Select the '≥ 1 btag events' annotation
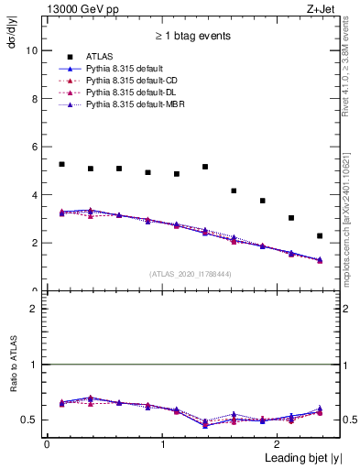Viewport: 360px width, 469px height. click(191, 36)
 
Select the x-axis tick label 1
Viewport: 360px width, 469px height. click(162, 443)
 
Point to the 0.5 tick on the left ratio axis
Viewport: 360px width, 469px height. click(30, 420)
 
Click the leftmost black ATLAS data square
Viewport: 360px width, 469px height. click(61, 164)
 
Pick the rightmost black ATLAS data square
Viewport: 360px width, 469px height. click(320, 235)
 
